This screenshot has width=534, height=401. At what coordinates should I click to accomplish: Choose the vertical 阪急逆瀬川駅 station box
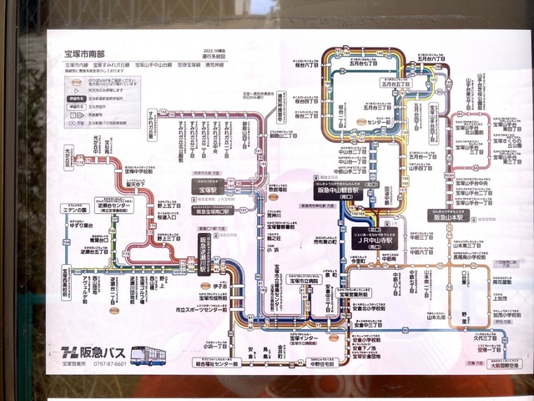point(202,250)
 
